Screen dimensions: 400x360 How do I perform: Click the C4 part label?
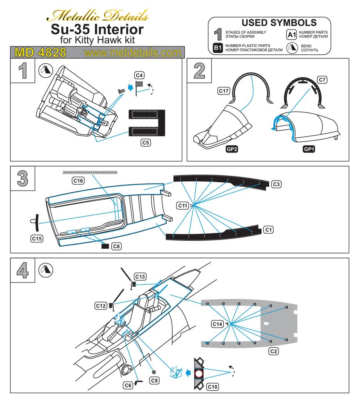pyautogui.click(x=139, y=75)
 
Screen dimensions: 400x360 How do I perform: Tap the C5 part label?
pyautogui.click(x=146, y=143)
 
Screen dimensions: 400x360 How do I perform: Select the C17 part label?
pyautogui.click(x=223, y=91)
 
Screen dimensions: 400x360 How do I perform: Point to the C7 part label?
pyautogui.click(x=322, y=80)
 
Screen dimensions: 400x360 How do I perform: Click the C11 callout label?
pyautogui.click(x=183, y=205)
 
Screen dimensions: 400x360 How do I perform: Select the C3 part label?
pyautogui.click(x=276, y=184)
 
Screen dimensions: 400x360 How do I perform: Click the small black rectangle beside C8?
pyautogui.click(x=105, y=246)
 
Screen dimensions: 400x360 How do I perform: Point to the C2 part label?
pyautogui.click(x=274, y=351)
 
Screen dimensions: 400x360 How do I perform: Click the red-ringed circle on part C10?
pyautogui.click(x=199, y=374)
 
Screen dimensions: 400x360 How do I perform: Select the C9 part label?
pyautogui.click(x=155, y=380)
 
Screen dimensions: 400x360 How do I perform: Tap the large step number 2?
pyautogui.click(x=199, y=71)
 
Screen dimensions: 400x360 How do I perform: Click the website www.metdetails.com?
pyautogui.click(x=132, y=52)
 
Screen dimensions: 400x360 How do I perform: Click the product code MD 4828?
pyautogui.click(x=40, y=52)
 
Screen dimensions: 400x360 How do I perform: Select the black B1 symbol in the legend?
pyautogui.click(x=218, y=48)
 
